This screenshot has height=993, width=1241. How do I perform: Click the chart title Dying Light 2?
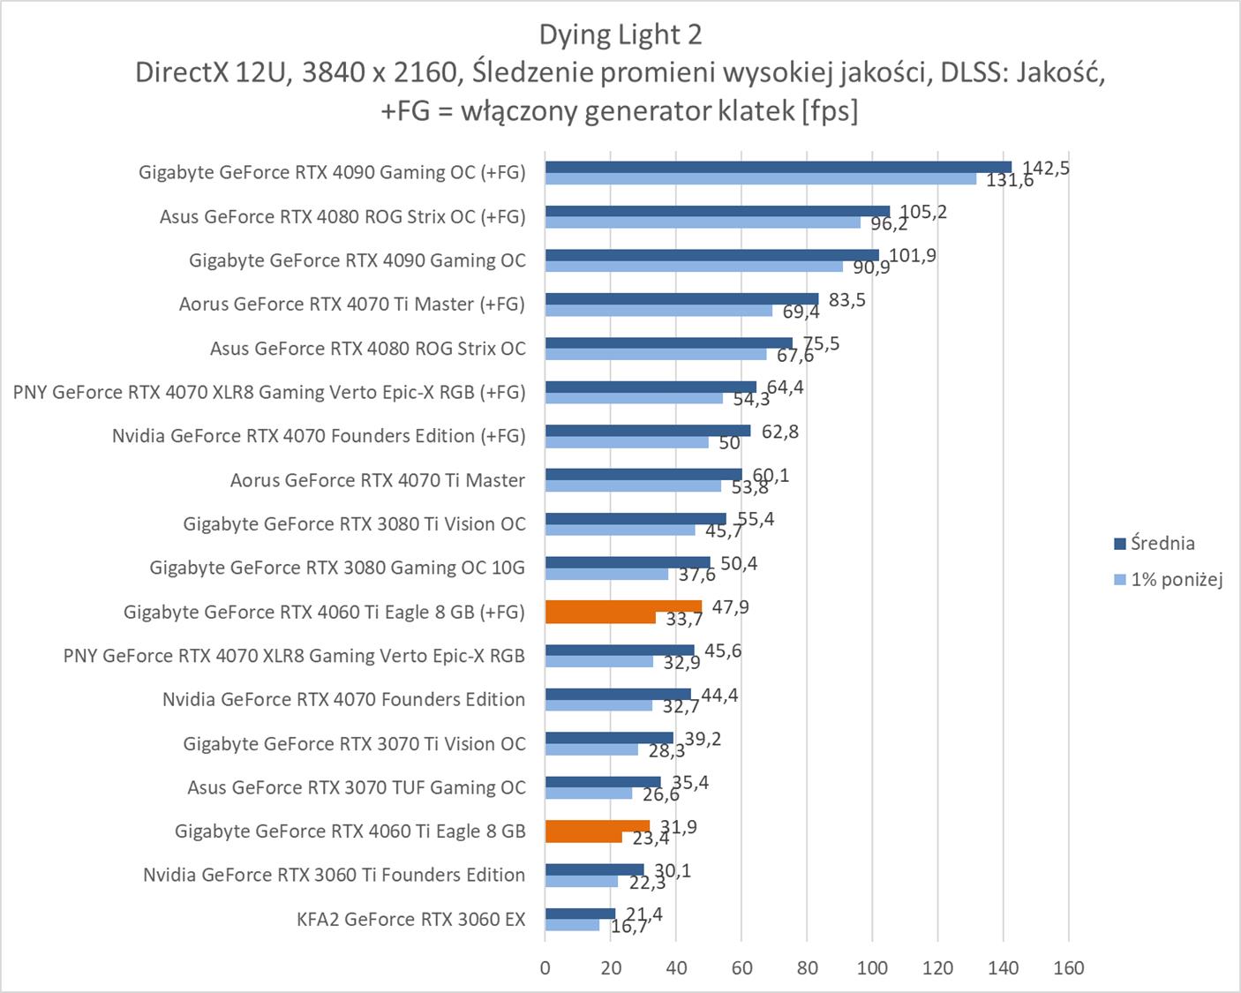click(620, 34)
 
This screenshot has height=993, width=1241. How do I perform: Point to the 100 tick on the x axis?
click(872, 968)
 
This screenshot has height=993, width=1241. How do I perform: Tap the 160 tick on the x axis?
click(1068, 968)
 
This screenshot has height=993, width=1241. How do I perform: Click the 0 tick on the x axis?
click(545, 968)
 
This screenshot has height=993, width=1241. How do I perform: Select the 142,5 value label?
click(1046, 168)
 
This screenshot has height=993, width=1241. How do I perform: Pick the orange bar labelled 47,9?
click(623, 606)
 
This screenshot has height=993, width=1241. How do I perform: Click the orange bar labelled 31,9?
click(597, 826)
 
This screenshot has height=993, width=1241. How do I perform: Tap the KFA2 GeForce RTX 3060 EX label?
click(410, 919)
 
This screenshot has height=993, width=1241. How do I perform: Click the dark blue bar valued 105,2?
click(717, 211)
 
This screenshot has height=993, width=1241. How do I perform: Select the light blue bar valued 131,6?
click(760, 179)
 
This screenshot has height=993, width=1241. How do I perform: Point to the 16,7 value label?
click(628, 926)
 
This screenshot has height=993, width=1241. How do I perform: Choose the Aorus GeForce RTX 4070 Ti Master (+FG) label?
click(351, 305)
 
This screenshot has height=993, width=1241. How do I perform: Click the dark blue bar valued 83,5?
click(681, 299)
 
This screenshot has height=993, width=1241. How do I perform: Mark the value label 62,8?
click(779, 432)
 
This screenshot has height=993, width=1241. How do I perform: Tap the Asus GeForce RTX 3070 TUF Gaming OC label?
click(356, 787)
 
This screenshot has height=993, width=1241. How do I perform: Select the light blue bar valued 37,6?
click(606, 575)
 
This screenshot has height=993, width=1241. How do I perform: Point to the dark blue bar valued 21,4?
click(580, 914)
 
